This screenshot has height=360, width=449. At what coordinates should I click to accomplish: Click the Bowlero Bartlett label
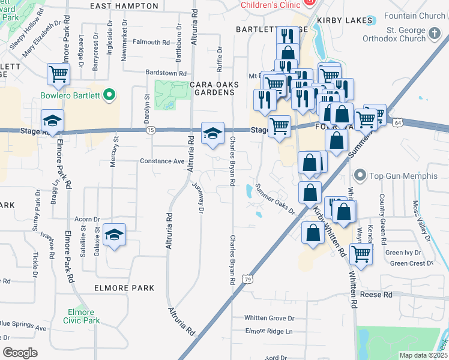point(71,95)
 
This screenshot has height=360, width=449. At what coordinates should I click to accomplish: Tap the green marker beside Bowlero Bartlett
point(109,95)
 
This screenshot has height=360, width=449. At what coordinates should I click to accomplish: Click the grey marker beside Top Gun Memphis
point(360,176)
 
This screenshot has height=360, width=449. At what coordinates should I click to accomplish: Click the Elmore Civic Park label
point(81,317)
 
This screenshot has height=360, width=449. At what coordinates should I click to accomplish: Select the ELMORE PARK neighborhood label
point(124,288)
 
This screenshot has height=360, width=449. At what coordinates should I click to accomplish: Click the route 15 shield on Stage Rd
point(151,130)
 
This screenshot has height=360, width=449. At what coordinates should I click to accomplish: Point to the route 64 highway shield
point(398,122)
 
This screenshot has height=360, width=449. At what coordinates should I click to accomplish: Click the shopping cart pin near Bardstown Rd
point(59,74)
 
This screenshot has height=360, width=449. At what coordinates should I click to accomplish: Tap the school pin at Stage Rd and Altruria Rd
point(212,133)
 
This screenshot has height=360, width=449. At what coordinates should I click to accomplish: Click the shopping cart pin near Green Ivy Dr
point(361,253)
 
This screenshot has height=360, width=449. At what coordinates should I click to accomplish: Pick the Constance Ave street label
point(162,161)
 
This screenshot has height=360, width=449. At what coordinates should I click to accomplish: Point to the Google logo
point(20,353)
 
